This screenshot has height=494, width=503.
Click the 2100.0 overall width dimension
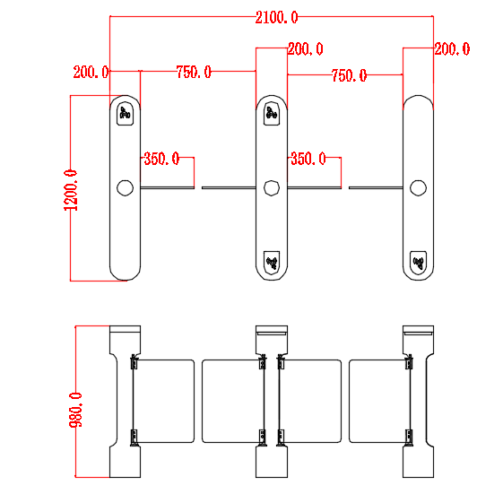[276, 17]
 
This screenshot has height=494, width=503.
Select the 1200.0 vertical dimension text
[70, 190]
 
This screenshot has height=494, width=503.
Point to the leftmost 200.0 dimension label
[91, 72]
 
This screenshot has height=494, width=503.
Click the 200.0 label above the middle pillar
[305, 49]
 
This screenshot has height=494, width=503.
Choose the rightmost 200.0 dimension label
[452, 49]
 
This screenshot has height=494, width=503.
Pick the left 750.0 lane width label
[194, 72]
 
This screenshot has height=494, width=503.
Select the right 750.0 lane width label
[349, 76]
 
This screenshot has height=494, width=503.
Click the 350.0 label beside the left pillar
[161, 159]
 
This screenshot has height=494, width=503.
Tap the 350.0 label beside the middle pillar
[308, 159]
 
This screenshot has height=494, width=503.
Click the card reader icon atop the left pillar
[125, 114]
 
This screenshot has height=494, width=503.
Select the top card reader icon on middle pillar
[271, 113]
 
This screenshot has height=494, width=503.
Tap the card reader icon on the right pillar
[417, 263]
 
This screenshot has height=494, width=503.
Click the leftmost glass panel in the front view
[164, 401]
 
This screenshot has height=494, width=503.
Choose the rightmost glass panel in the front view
[377, 401]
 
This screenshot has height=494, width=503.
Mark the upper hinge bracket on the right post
[409, 363]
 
